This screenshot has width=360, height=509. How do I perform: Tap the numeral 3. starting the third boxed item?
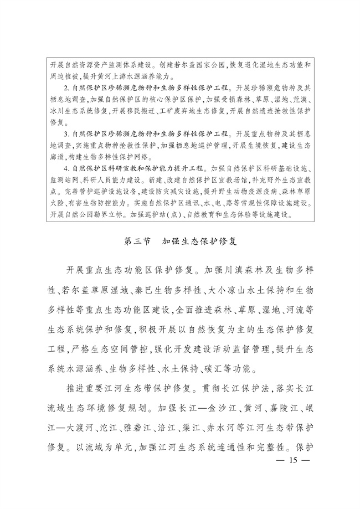pos(66,134)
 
